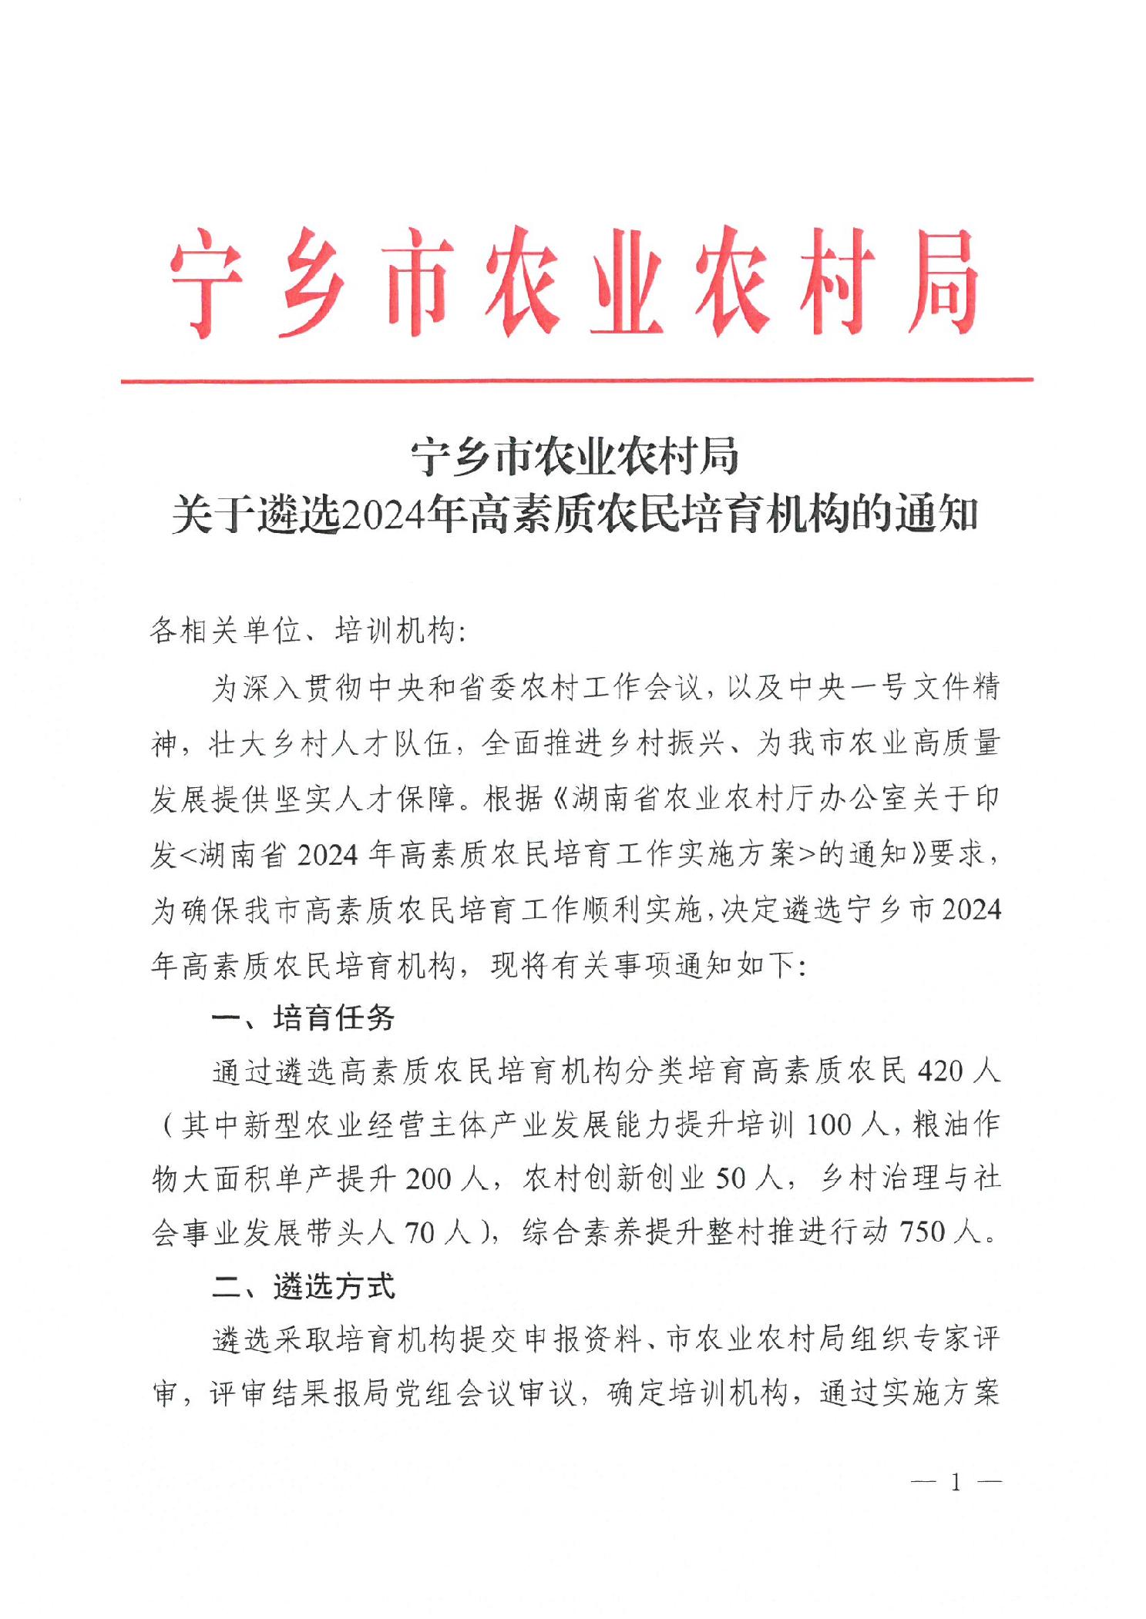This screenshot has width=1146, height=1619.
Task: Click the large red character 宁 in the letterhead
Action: [x=207, y=281]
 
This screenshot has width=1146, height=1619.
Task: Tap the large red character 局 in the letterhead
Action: [x=943, y=281]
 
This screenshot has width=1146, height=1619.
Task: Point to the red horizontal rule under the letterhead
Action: [x=576, y=380]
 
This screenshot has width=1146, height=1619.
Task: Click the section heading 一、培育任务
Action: [x=303, y=1018]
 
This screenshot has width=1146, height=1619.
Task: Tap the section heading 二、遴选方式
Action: [x=303, y=1286]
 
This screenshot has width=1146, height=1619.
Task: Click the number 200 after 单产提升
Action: [x=428, y=1179]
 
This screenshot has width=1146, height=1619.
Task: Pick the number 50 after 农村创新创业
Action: [x=731, y=1179]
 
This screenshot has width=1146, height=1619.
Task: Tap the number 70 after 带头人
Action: [x=420, y=1232]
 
